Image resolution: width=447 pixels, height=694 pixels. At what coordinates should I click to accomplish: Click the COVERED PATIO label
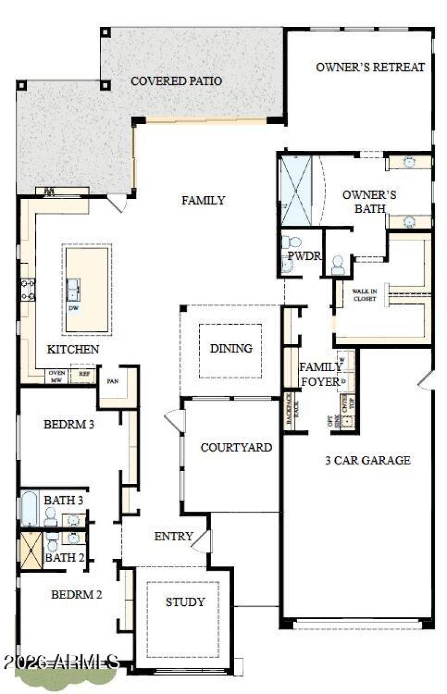tap(176, 82)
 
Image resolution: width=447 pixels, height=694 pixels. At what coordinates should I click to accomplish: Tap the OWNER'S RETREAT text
tap(370, 68)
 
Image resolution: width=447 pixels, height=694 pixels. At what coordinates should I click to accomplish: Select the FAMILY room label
tap(203, 200)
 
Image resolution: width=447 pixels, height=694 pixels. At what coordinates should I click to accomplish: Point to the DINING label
tap(231, 349)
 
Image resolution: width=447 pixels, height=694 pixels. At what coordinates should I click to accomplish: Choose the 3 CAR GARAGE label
tap(368, 460)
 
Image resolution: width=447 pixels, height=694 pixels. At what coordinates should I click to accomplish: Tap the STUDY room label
tap(185, 602)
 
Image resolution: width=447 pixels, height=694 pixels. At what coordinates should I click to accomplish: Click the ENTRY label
tap(173, 536)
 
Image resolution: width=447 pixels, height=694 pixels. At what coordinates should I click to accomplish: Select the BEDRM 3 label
tap(69, 424)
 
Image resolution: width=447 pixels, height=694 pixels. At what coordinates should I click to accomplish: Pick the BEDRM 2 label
tap(77, 595)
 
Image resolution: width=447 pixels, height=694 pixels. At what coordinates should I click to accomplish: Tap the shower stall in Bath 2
tap(31, 550)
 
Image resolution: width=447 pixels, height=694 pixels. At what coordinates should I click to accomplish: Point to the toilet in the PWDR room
tap(291, 244)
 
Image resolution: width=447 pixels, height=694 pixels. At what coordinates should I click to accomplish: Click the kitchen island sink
tap(74, 289)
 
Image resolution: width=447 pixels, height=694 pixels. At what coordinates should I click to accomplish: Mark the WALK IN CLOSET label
tap(364, 294)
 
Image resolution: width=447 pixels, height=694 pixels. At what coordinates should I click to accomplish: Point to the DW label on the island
tap(74, 308)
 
